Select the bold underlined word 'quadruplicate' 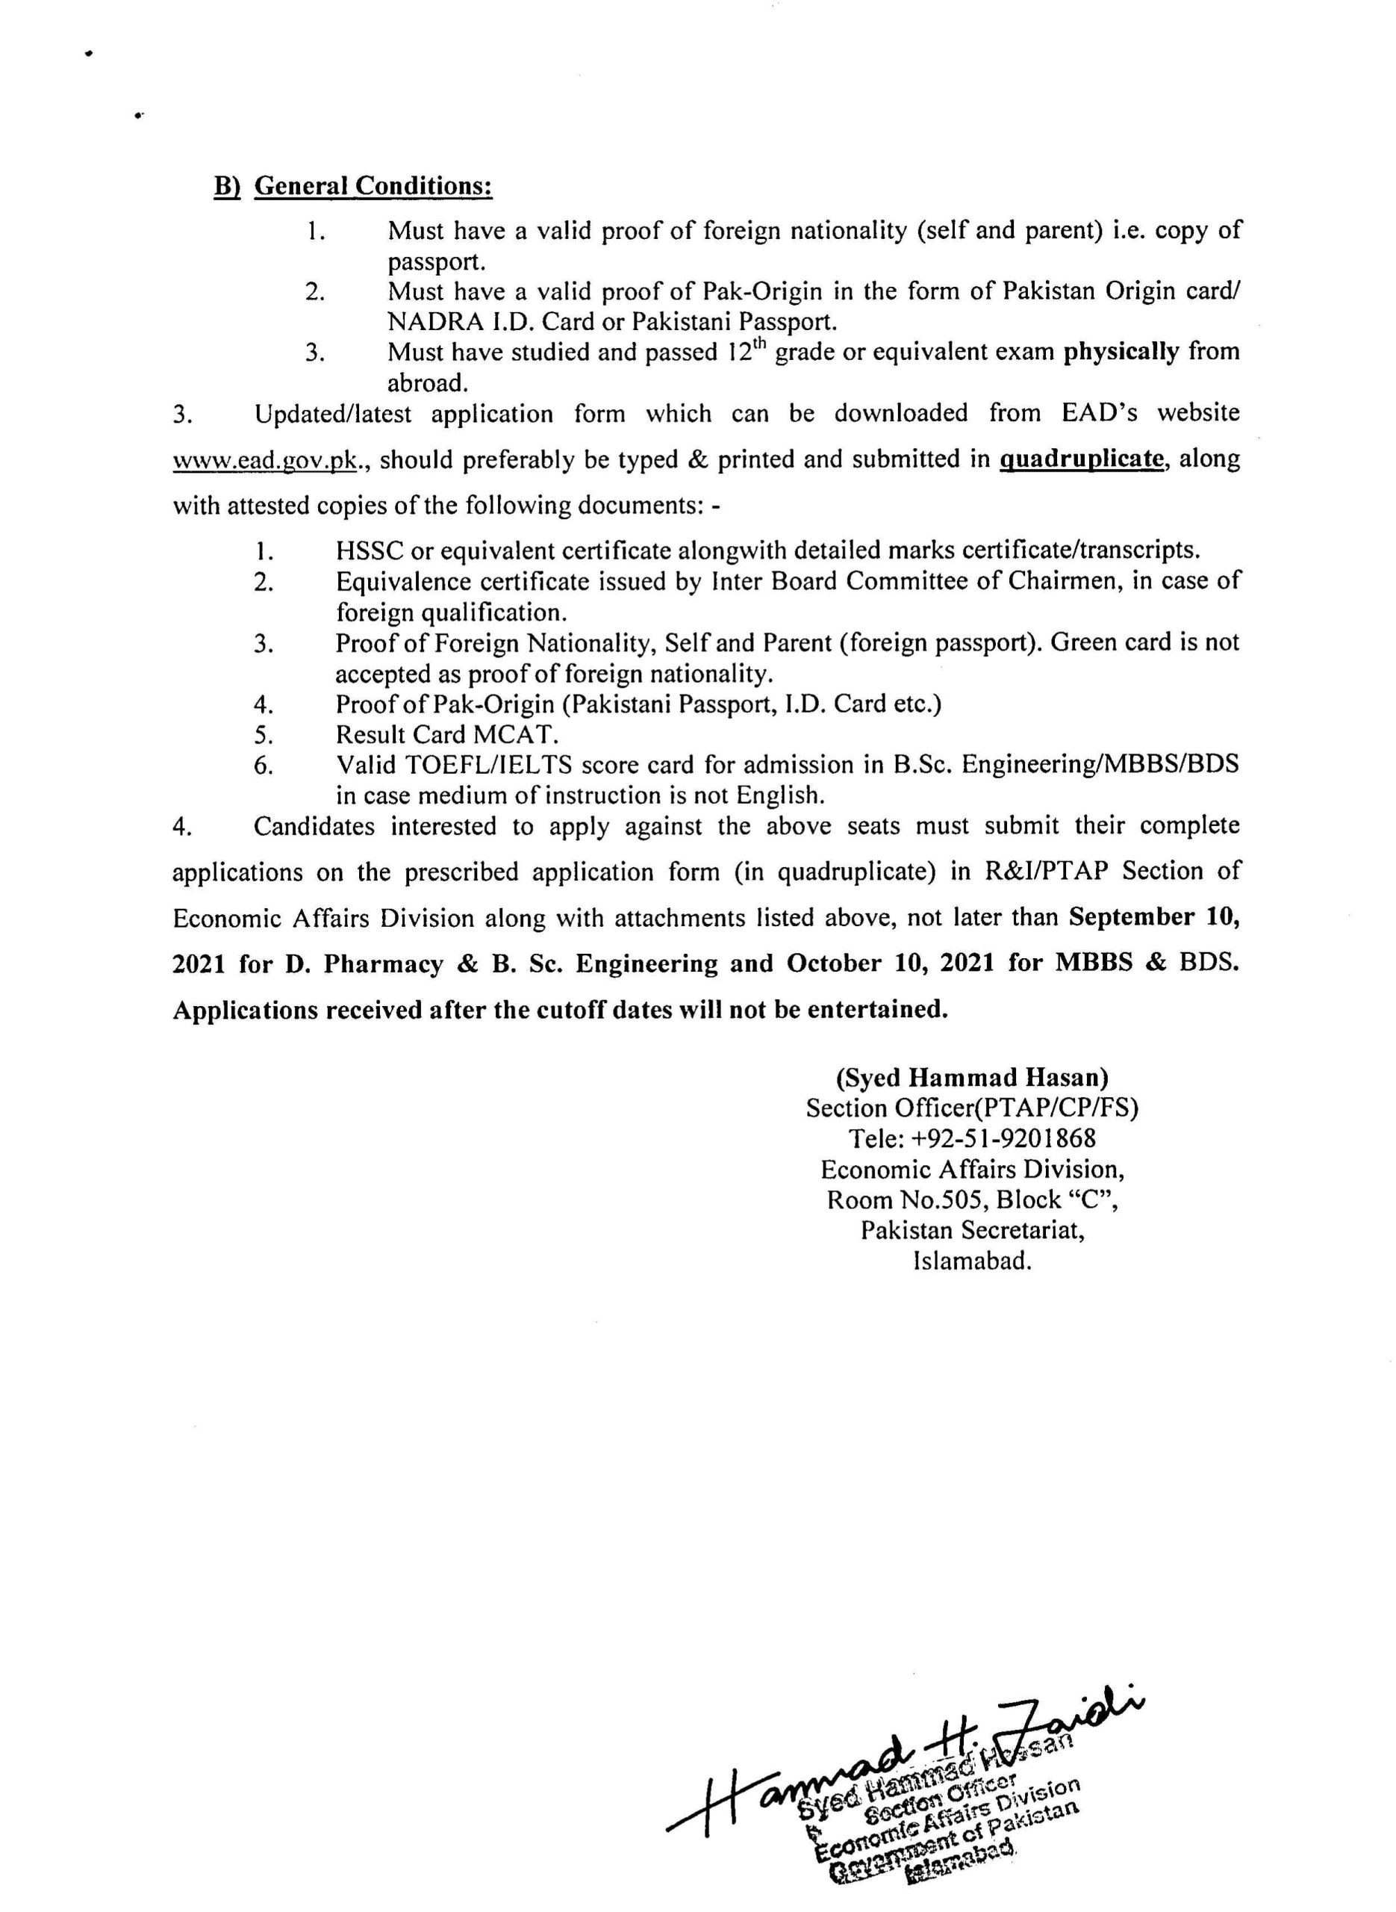1081,460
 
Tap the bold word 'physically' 1121,352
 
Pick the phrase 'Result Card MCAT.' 447,733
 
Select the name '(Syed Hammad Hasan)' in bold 972,1077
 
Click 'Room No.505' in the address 901,1199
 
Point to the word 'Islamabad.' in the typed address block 973,1261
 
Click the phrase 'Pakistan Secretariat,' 973,1230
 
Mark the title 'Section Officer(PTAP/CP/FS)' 972,1108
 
